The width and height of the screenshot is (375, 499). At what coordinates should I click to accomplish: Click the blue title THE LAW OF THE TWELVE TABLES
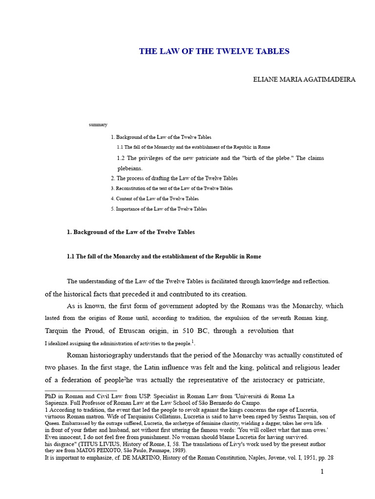214,51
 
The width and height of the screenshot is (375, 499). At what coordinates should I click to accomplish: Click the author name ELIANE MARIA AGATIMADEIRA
305,79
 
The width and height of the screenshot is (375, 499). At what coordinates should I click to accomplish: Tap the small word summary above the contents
98,125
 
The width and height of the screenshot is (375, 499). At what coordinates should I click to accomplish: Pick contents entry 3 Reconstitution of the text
171,188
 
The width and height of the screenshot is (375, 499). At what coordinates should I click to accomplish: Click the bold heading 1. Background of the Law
130,232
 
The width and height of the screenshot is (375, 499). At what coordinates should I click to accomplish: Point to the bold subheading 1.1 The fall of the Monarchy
164,257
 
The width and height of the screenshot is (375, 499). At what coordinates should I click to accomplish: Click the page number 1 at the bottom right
322,471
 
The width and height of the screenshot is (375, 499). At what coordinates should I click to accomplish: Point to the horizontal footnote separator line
81,390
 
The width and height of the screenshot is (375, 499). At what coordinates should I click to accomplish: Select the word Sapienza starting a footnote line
57,403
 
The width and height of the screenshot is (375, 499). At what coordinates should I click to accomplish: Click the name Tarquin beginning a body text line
57,330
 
